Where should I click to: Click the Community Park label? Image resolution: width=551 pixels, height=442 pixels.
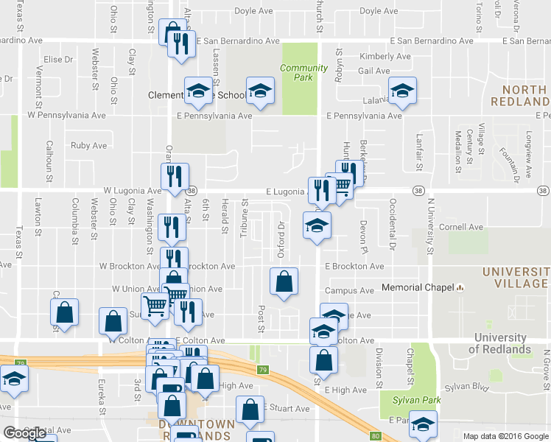(303, 72)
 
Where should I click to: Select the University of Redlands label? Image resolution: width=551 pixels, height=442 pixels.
(502, 344)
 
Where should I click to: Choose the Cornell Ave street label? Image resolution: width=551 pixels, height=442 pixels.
(460, 228)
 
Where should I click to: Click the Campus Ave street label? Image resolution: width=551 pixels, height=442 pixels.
(355, 291)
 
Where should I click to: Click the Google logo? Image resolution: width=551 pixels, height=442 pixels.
(24, 433)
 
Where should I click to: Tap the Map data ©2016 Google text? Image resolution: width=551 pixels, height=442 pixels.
(505, 436)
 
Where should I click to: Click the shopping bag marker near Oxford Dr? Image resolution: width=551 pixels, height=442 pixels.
(284, 281)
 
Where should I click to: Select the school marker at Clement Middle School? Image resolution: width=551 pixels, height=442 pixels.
(197, 91)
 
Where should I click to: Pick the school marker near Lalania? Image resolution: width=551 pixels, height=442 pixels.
(401, 91)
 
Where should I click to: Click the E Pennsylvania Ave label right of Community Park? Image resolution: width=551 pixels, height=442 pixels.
(365, 116)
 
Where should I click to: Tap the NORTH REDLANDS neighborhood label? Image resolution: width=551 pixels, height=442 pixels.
(524, 95)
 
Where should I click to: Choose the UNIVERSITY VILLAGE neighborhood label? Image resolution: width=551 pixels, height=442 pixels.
(516, 278)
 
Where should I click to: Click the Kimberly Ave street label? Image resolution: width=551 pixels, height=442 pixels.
(385, 56)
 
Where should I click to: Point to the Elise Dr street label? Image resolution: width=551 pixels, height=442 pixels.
(59, 59)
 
